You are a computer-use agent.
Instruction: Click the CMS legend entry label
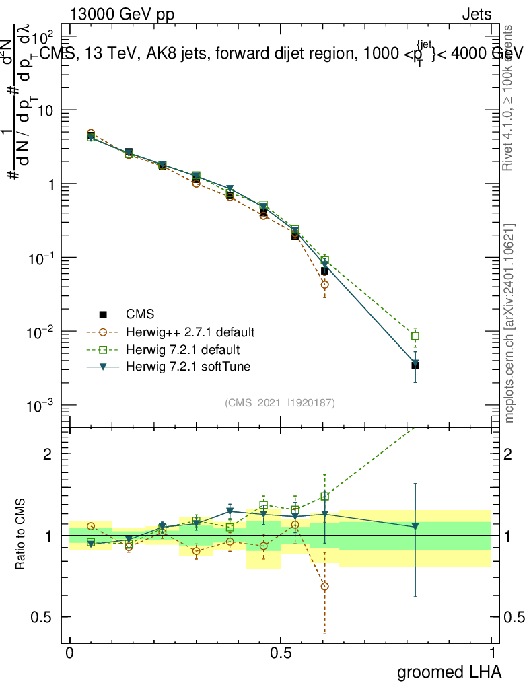coord(140,314)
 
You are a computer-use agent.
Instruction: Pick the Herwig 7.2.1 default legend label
coord(178,350)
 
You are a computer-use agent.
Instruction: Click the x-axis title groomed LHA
coord(448,672)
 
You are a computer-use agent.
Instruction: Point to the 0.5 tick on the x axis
coord(281,653)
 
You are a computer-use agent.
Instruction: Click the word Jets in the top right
coord(476,14)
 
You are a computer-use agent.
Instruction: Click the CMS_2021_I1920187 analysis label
coord(280,402)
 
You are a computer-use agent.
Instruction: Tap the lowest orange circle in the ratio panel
coord(325,587)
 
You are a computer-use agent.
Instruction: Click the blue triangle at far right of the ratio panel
coord(415,527)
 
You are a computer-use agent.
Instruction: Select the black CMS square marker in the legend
coord(103,314)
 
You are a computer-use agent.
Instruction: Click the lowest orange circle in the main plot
coord(325,285)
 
